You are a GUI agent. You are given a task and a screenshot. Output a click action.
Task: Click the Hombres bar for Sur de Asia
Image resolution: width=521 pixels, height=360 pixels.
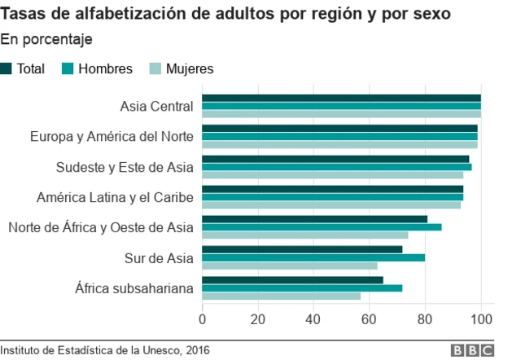[313, 257]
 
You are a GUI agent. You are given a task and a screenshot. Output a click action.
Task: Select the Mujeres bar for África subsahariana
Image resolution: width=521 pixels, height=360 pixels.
[281, 296]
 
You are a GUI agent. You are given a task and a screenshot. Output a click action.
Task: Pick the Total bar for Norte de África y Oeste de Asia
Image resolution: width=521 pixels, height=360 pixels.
[314, 219]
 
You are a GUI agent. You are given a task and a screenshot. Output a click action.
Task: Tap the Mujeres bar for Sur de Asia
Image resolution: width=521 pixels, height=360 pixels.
[290, 266]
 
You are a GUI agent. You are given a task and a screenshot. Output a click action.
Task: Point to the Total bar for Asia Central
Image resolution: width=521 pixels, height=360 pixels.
[341, 99]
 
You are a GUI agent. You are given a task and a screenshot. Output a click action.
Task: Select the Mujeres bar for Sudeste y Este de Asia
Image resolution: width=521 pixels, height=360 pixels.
[332, 175]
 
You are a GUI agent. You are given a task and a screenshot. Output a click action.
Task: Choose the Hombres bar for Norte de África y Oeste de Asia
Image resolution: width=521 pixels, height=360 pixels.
[322, 227]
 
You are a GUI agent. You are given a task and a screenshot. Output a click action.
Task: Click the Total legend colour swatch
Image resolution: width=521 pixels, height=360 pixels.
[7, 69]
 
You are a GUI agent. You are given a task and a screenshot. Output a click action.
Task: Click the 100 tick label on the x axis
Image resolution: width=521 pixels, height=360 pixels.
[481, 318]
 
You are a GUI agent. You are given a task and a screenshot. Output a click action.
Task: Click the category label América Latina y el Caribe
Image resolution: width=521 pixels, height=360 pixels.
[115, 197]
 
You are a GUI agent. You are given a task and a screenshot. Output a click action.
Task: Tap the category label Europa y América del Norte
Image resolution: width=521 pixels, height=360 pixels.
[112, 137]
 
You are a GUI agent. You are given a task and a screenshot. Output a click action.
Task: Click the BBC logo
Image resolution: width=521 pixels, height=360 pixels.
[473, 350]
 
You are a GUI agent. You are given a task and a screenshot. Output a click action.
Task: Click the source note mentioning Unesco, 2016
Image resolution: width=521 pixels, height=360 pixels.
[105, 350]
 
